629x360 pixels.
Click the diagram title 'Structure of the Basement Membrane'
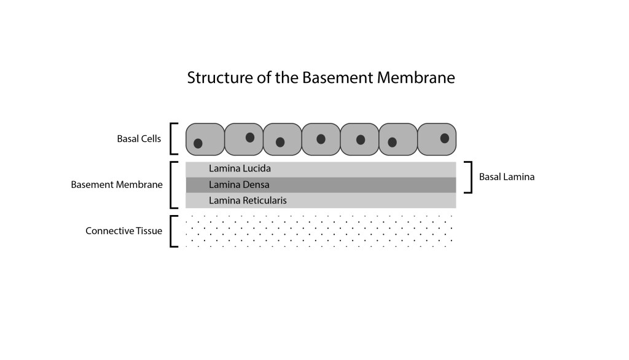[x=321, y=79]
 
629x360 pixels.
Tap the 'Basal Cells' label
[x=139, y=139]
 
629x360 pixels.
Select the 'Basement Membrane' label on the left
[x=117, y=184]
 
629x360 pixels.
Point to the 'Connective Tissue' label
[x=123, y=231]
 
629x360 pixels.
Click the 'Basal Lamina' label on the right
[x=507, y=177]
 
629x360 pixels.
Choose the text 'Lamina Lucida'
[x=240, y=168]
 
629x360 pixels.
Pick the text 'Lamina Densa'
[x=239, y=184]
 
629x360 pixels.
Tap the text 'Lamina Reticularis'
[x=248, y=200]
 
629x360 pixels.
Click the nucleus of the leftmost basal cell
[x=198, y=144]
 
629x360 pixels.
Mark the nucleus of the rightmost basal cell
[x=444, y=138]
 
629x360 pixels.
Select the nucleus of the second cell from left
[x=250, y=138]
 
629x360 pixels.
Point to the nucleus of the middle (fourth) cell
[x=321, y=139]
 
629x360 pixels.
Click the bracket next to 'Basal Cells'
[x=173, y=139]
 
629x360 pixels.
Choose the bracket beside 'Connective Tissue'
[x=173, y=231]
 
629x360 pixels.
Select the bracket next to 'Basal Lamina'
[x=470, y=177]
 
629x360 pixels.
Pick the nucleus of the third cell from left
[x=280, y=142]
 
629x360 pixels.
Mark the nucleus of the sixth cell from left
[x=393, y=142]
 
